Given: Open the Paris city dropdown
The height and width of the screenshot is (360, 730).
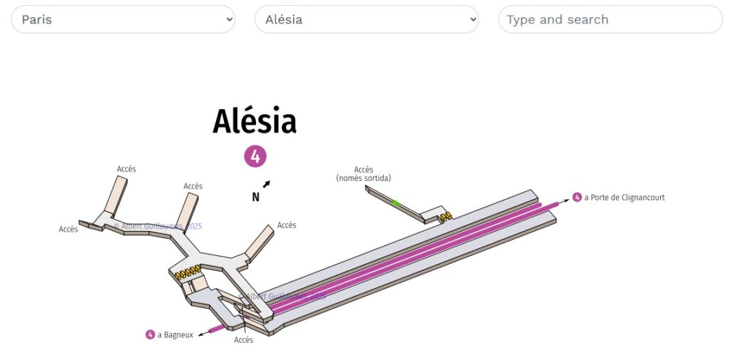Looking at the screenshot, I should pyautogui.click(x=123, y=19).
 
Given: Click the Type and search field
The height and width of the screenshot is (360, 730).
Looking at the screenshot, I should pyautogui.click(x=610, y=19).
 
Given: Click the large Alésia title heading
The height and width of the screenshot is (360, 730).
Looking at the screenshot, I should pyautogui.click(x=255, y=121).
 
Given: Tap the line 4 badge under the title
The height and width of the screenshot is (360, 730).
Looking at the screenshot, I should pyautogui.click(x=255, y=156).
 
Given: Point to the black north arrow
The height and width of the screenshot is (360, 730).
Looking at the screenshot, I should pyautogui.click(x=266, y=185).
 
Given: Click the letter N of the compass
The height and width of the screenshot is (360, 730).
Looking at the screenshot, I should pyautogui.click(x=255, y=197).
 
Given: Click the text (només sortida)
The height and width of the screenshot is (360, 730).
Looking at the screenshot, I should pyautogui.click(x=364, y=178).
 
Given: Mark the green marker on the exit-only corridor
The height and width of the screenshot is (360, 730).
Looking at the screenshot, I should pyautogui.click(x=396, y=203).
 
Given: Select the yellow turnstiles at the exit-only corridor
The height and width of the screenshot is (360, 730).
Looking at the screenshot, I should pyautogui.click(x=446, y=215).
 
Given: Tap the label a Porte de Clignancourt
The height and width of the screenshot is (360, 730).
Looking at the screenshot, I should pyautogui.click(x=624, y=197).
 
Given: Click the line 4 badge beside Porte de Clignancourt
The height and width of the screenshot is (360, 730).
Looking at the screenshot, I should pyautogui.click(x=577, y=197).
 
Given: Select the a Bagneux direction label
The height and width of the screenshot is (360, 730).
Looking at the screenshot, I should pyautogui.click(x=175, y=334).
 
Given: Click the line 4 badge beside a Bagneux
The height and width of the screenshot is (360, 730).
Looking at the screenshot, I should pyautogui.click(x=150, y=334).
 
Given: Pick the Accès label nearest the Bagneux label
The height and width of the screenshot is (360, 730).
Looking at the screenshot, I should pyautogui.click(x=244, y=340).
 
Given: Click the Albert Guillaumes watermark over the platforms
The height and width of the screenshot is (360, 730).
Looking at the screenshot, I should pyautogui.click(x=285, y=296).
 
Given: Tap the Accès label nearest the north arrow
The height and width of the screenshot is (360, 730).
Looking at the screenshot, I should pyautogui.click(x=287, y=225).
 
